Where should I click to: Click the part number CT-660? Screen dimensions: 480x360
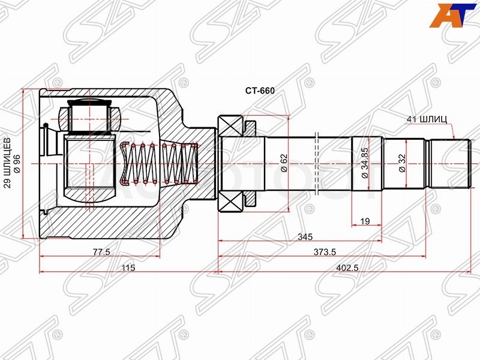pyautogui.click(x=260, y=91)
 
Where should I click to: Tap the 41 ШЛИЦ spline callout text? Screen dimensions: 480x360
pyautogui.click(x=427, y=119)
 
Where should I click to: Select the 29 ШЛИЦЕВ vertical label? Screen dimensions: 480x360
pyautogui.click(x=8, y=162)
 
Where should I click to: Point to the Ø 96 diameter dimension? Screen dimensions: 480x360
pyautogui.click(x=17, y=164)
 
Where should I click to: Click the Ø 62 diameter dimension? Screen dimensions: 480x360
pyautogui.click(x=284, y=163)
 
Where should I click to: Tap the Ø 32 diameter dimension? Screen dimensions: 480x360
pyautogui.click(x=402, y=163)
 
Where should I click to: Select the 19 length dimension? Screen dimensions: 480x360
pyautogui.click(x=365, y=221)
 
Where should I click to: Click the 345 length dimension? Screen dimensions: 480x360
pyautogui.click(x=305, y=236)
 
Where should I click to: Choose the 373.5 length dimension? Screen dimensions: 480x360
pyautogui.click(x=325, y=252)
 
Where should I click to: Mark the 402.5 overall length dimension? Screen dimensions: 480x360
pyautogui.click(x=347, y=268)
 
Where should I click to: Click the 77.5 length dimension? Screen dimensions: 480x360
pyautogui.click(x=101, y=252)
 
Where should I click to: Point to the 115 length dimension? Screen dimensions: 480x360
pyautogui.click(x=128, y=268)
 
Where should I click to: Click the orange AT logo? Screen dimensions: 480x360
pyautogui.click(x=454, y=16)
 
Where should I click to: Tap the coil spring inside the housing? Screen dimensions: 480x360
pyautogui.click(x=160, y=164)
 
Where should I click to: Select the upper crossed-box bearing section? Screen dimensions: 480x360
pyautogui.click(x=230, y=125)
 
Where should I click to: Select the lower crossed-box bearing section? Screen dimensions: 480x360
pyautogui.click(x=230, y=202)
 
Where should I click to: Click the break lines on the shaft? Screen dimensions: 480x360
pyautogui.click(x=317, y=164)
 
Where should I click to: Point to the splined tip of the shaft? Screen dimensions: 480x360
pyautogui.click(x=449, y=164)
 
